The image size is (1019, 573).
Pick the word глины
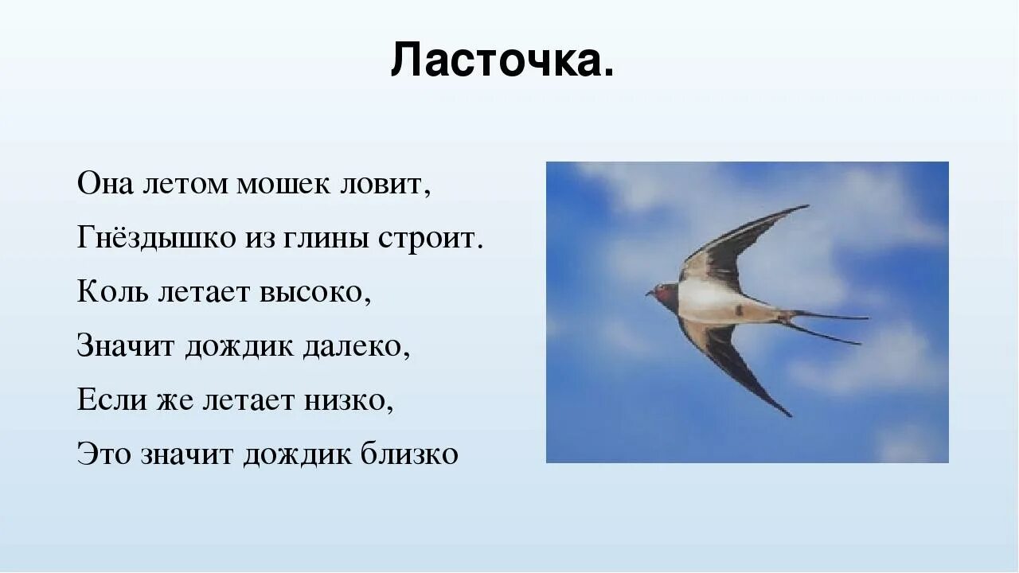324,239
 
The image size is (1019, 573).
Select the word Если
111,400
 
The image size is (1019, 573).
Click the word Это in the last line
104,454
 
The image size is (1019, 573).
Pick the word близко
409,454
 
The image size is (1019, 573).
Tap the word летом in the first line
184,185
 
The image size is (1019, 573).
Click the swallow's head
664,292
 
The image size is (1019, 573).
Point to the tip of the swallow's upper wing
806,207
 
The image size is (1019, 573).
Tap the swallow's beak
649,293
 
